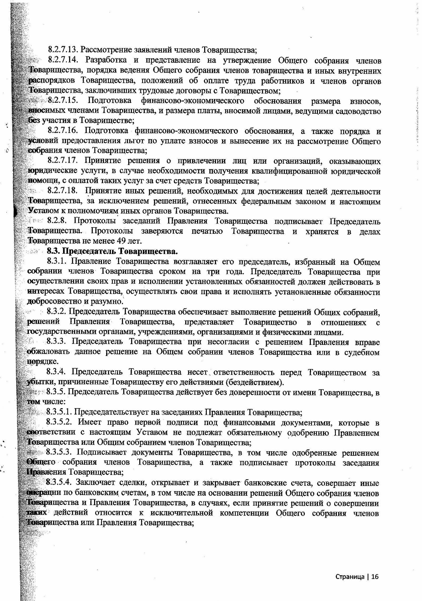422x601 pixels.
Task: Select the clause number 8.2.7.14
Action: click(63, 61)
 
